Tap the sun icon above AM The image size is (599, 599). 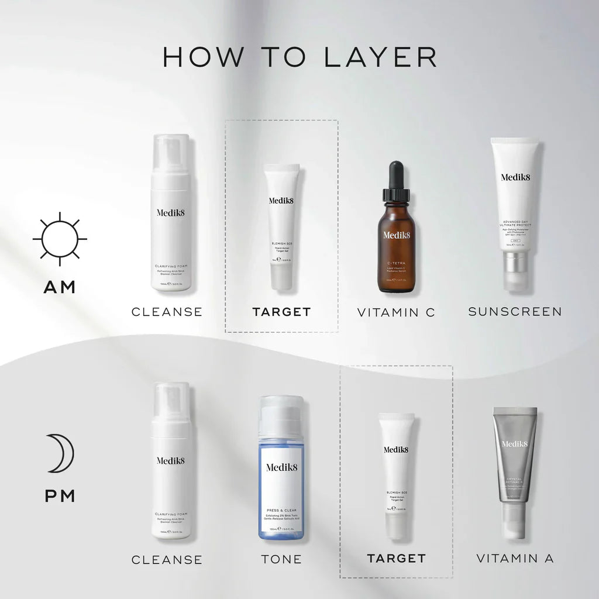[x=60, y=239]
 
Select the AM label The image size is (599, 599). [x=60, y=287]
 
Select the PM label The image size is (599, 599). [x=60, y=497]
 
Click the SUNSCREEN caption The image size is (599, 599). [x=515, y=311]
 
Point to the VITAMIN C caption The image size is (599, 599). [x=396, y=312]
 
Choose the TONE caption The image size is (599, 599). [x=281, y=559]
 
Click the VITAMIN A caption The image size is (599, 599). [x=515, y=558]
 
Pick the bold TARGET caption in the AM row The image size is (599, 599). [x=281, y=312]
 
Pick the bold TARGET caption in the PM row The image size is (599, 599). [x=396, y=559]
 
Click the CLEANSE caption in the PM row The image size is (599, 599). [x=167, y=560]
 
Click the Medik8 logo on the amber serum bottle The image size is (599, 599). [x=397, y=236]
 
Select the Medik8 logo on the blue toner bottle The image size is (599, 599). [x=281, y=467]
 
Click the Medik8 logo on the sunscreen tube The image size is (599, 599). [x=515, y=177]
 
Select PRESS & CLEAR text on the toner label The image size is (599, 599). [x=281, y=510]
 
